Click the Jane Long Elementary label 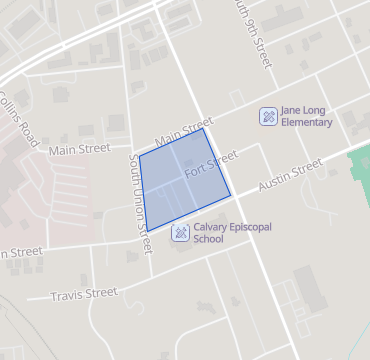coord(306,115)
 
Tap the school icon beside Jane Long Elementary coord(267,115)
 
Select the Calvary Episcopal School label coord(223,233)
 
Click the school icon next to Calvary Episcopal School coord(180,233)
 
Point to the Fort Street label coord(210,165)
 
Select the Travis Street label coord(84,294)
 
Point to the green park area coord(359,170)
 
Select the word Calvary coord(209,227)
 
